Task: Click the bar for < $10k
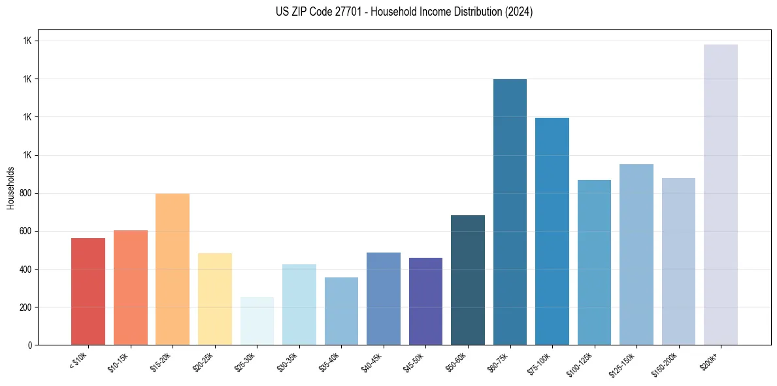88,291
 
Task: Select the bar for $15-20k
173,269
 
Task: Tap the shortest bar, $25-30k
257,321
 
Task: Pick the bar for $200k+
721,195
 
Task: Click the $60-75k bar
510,212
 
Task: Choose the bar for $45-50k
425,301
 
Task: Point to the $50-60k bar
468,280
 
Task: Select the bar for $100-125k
594,262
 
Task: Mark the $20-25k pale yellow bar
214,298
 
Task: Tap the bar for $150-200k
678,261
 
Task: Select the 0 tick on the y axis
30,345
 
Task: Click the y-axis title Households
10,188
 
